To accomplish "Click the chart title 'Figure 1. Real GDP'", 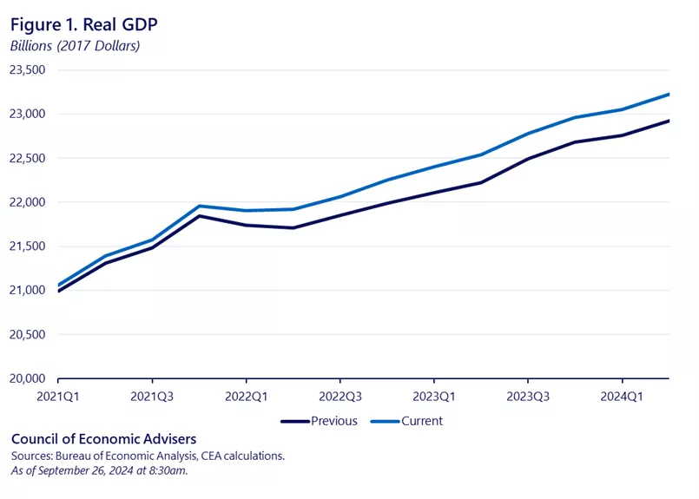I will (84, 23).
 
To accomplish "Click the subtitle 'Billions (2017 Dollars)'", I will (76, 46).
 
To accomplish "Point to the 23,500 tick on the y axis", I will (29, 69).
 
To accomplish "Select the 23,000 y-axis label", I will (29, 114).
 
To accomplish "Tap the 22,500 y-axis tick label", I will (29, 158).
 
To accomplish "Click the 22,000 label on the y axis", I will (29, 202).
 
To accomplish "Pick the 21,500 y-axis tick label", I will (29, 246).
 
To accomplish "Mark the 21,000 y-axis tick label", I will (29, 291).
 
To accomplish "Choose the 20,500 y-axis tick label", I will (29, 335).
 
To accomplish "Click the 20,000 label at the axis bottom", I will (29, 379).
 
